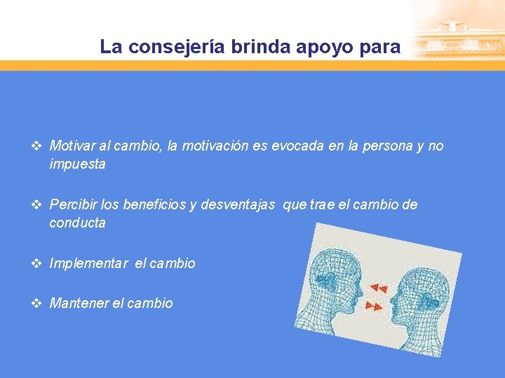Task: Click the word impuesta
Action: (77, 165)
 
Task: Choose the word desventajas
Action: (238, 205)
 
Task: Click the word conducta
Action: (77, 224)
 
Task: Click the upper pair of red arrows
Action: (379, 288)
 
